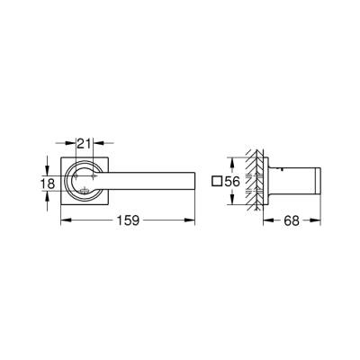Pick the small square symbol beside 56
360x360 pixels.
(216, 181)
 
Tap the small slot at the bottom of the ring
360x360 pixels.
(83, 191)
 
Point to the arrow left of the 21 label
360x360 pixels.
(59, 141)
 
